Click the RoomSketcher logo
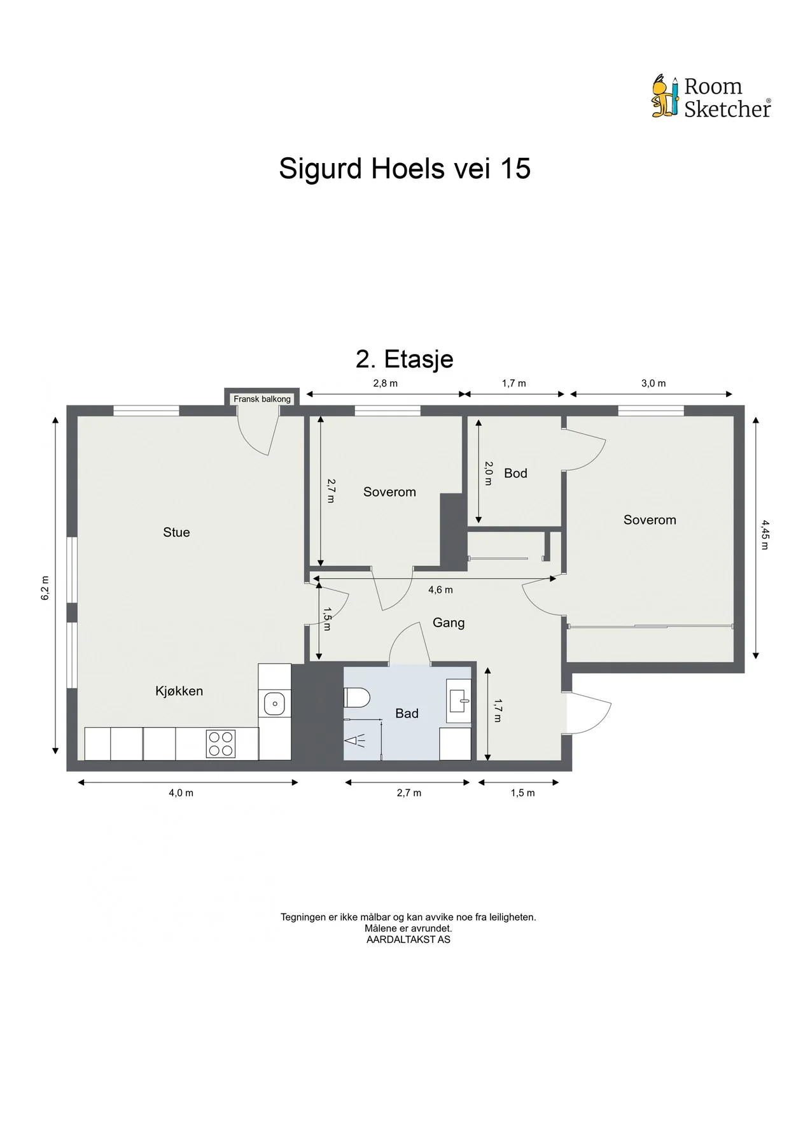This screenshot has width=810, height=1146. pos(711,97)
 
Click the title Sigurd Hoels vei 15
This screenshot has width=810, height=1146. pos(405,169)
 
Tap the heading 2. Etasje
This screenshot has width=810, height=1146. pos(405,359)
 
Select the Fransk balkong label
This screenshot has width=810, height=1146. pos(262,399)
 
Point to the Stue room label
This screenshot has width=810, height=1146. pos(176,532)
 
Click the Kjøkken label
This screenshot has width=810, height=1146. pos(179,691)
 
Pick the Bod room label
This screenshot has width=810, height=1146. pos(515,473)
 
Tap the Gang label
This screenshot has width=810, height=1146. pos(449,623)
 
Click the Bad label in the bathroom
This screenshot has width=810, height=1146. pos(407,714)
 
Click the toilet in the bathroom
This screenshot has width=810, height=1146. pos(357,697)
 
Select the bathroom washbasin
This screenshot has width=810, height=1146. pos(459,701)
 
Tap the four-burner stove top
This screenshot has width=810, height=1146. pos(221,744)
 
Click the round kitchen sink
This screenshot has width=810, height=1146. pos(275,704)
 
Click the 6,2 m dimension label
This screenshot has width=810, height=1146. pos(45,588)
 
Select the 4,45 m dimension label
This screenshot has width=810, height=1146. pos(765,535)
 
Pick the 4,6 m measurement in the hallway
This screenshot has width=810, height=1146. pos(440,590)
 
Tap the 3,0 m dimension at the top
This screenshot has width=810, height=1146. pos(653,383)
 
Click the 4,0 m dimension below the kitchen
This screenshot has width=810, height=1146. pos(181,793)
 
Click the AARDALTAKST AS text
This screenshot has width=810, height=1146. pos(408,939)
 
